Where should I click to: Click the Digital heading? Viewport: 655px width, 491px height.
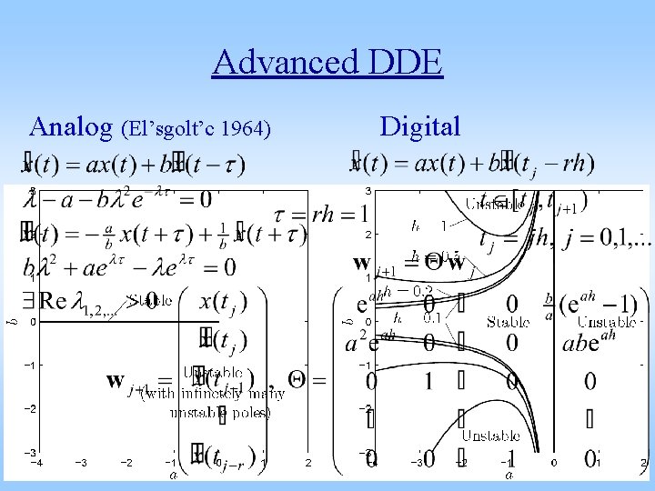click(x=420, y=126)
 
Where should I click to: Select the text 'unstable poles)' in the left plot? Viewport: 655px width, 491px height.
click(x=220, y=413)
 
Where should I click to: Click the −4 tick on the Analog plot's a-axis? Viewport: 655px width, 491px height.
click(x=35, y=463)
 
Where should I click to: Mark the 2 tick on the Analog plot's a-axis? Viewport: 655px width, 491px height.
click(x=307, y=463)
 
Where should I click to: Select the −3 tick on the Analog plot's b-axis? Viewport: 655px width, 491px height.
click(x=29, y=452)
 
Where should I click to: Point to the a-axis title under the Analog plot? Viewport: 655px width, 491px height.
click(x=172, y=475)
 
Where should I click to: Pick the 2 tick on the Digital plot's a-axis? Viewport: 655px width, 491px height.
click(x=642, y=463)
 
